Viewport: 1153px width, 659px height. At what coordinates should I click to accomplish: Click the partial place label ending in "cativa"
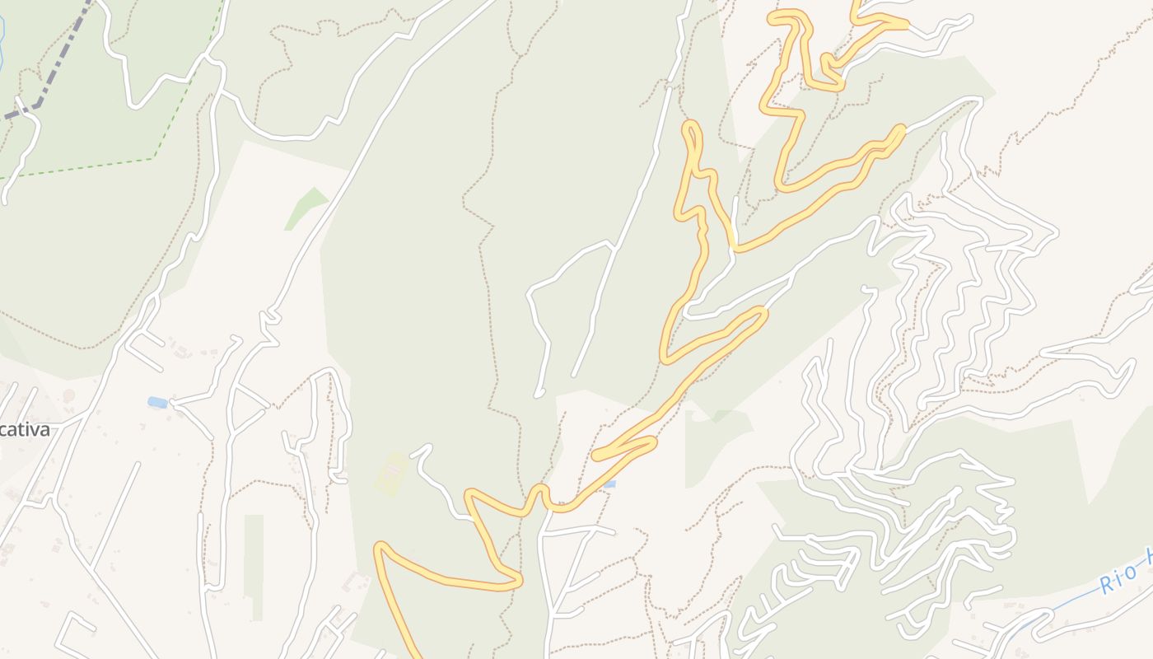[25, 429]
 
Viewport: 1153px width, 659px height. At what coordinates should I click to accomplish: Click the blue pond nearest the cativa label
[157, 402]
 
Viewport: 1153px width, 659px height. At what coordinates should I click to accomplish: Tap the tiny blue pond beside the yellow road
[609, 484]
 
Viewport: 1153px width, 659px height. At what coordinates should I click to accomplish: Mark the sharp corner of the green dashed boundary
[154, 157]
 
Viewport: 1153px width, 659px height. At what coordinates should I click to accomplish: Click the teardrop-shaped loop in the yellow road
[692, 140]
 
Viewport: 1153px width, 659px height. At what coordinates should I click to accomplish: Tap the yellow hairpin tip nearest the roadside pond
[596, 454]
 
